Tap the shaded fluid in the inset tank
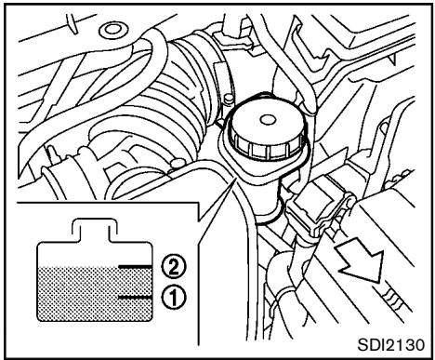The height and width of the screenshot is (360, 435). point(84,298)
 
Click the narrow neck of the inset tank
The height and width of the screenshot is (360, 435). point(93,228)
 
